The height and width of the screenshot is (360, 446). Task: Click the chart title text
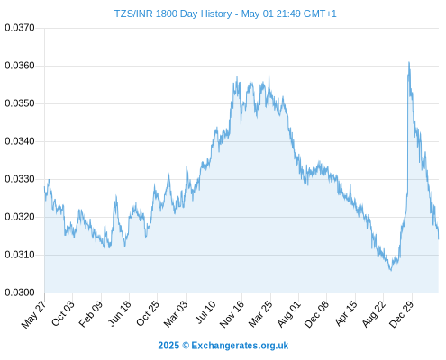[x=225, y=13]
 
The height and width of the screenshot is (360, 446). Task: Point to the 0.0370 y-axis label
[x=20, y=28]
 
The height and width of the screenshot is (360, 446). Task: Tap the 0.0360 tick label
[x=20, y=66]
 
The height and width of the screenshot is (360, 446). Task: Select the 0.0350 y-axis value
[x=20, y=103]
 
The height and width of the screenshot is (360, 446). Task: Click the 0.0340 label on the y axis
[x=20, y=141]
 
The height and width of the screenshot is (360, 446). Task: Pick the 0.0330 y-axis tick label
[x=20, y=179]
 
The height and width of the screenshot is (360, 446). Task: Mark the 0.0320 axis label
[x=20, y=217]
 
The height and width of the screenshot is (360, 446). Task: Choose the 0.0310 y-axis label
[x=20, y=255]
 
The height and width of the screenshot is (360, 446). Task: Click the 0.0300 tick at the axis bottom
[x=20, y=292]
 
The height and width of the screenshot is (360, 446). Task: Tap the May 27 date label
[x=34, y=314]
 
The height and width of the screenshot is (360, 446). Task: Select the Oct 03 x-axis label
[x=63, y=313]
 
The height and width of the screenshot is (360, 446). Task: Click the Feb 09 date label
[x=91, y=314]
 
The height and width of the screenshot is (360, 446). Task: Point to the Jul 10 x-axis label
[x=205, y=312]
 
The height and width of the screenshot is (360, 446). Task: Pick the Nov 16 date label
[x=232, y=314]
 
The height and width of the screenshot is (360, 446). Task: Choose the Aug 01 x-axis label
[x=289, y=314]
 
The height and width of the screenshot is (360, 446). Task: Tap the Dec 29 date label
[x=401, y=314]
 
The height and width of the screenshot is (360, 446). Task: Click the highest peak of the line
[x=409, y=62]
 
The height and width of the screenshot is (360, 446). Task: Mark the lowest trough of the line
[x=391, y=270]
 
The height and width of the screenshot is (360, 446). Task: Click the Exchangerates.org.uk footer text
[x=240, y=346]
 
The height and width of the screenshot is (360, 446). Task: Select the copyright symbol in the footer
[x=186, y=346]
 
